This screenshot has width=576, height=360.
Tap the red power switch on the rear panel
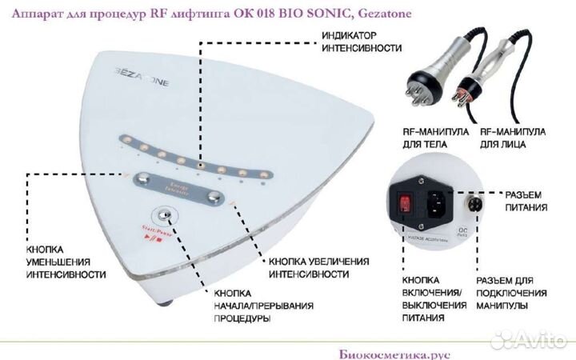click(407, 201)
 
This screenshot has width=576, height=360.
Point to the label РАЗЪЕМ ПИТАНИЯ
click(525, 201)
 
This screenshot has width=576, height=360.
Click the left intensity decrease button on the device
click(144, 178)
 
